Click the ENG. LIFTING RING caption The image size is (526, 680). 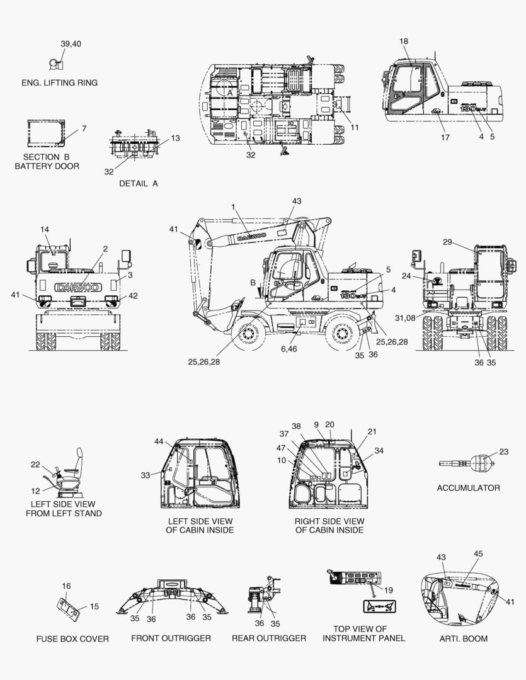[x=59, y=82]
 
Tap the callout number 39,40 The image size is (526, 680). [x=71, y=44]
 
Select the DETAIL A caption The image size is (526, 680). [x=139, y=183]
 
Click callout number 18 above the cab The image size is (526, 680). [x=404, y=41]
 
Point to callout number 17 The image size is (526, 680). [x=445, y=137]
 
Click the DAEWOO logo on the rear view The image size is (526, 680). [x=79, y=288]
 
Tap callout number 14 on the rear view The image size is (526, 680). [x=45, y=229]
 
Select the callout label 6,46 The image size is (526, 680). [x=289, y=349]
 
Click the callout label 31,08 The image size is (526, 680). [x=405, y=318]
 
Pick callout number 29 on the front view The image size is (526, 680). [x=447, y=242]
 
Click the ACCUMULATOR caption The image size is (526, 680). [x=468, y=488]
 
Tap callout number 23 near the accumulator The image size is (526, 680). [x=503, y=451]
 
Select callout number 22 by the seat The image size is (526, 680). [x=35, y=465]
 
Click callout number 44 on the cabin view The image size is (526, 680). [x=159, y=441]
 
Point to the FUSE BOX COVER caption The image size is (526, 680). [x=72, y=639]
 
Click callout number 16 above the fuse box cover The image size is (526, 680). [x=66, y=586]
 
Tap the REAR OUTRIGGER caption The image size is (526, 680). [x=268, y=638]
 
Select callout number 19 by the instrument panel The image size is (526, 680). [x=389, y=590]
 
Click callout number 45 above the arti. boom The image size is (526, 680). [x=478, y=553]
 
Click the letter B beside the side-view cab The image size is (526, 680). [x=253, y=283]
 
